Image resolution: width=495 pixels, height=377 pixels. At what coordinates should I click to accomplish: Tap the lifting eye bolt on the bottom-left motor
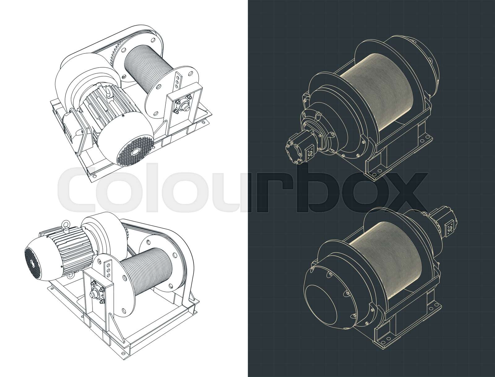tap(66, 224)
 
